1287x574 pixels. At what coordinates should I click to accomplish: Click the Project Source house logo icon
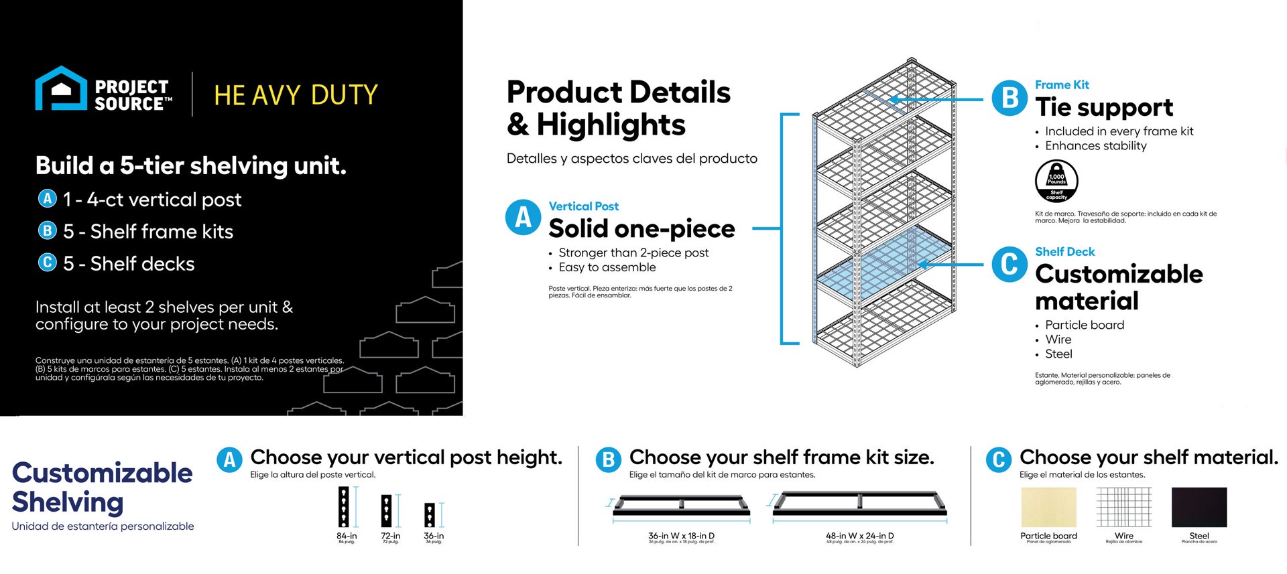pos(61,88)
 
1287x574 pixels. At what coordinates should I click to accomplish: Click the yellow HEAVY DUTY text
pos(296,95)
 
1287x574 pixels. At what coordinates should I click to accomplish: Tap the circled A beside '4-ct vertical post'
pos(47,199)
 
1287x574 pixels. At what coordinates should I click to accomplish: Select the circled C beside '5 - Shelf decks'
pos(47,263)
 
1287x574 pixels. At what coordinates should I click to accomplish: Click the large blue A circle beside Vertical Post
pos(523,218)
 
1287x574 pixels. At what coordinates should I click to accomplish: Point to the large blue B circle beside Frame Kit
pos(1009,98)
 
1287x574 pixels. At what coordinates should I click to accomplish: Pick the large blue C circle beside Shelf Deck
pos(1009,265)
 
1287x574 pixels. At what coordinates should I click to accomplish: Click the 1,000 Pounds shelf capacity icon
pos(1056,181)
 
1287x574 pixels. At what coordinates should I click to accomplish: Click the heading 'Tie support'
pos(1104,107)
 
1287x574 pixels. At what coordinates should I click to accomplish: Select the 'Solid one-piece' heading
pos(641,228)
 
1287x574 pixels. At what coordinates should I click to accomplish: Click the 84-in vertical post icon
pos(344,507)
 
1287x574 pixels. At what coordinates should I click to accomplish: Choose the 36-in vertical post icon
pos(430,514)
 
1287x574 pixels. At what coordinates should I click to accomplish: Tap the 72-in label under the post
pos(390,536)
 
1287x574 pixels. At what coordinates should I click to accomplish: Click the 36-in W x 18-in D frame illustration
pos(681,506)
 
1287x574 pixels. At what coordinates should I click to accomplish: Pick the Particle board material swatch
pos(1048,508)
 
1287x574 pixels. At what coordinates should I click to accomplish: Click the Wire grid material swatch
pos(1123,508)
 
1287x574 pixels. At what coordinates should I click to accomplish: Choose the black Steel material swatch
pos(1199,508)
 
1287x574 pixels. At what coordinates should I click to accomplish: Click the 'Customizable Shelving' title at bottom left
pos(102,487)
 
